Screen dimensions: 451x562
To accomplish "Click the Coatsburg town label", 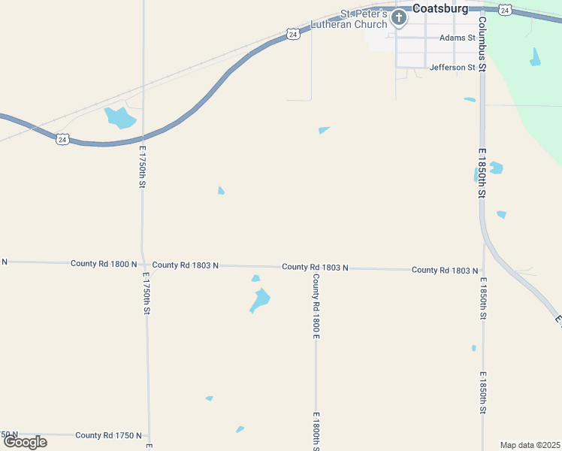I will [440, 8].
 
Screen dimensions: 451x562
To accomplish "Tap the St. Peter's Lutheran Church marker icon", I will [398, 16].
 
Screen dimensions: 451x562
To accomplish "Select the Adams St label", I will [458, 37].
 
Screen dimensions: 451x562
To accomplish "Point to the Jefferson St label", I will [452, 67].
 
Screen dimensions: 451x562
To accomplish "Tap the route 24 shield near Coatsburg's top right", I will [506, 9].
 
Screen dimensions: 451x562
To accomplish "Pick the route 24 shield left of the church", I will [293, 34].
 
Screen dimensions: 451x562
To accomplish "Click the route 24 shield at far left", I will [63, 139].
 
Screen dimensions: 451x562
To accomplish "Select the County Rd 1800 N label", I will [104, 264].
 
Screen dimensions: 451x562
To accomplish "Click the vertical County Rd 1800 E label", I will [316, 306].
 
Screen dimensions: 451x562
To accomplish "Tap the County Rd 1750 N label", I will [108, 435].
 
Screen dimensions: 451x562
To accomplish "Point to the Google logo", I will [24, 442].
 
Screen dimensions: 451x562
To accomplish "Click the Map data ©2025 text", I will [530, 445].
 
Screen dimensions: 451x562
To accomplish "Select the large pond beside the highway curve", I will [119, 117].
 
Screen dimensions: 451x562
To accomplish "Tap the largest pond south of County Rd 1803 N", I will [260, 300].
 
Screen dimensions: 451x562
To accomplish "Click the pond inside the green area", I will [535, 57].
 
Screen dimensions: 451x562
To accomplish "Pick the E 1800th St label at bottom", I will [316, 431].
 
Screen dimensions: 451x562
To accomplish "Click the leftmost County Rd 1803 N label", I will [185, 265].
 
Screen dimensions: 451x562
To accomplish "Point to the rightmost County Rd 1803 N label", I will [445, 270].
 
